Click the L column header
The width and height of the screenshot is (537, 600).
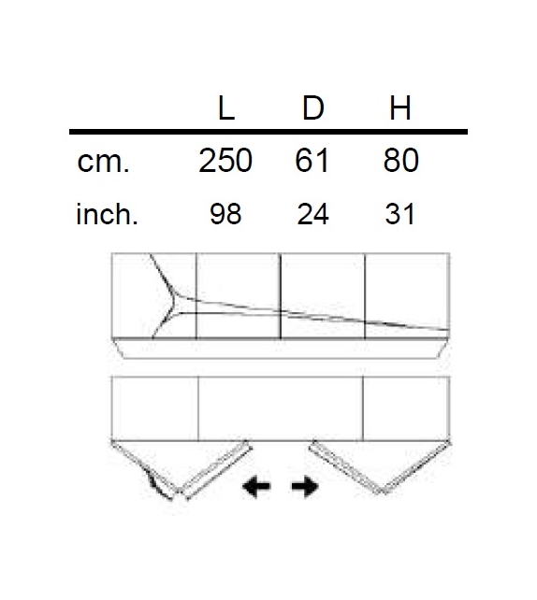[x=225, y=109]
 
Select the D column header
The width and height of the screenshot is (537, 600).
[x=312, y=109]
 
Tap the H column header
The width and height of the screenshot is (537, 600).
[x=399, y=109]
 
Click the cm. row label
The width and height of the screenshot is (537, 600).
[x=104, y=162]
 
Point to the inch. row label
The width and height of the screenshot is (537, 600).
[x=107, y=215]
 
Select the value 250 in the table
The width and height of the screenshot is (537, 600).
[x=225, y=161]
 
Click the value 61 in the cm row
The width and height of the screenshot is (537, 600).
[x=312, y=161]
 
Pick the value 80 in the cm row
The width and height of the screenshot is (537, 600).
[x=400, y=161]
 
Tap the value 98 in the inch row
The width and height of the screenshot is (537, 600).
[x=225, y=215]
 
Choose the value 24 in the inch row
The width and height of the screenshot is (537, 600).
[x=312, y=215]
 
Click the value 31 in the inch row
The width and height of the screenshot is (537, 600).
[x=399, y=215]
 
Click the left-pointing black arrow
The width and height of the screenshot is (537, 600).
[x=255, y=486]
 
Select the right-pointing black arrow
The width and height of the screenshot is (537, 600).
[x=305, y=486]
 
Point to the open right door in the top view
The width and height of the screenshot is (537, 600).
[x=346, y=464]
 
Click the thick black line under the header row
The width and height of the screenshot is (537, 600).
[x=268, y=132]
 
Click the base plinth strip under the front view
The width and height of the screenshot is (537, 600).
[x=281, y=350]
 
